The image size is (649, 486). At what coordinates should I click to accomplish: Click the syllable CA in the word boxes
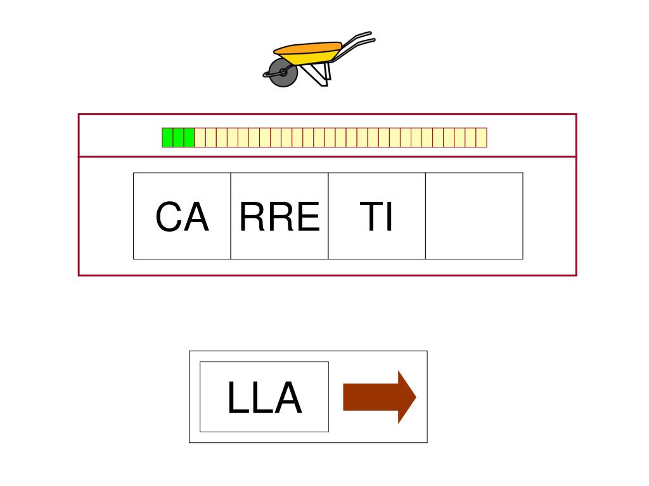point(182,216)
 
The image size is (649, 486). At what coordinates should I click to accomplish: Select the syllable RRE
point(280,216)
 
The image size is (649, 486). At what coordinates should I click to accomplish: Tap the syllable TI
point(376,216)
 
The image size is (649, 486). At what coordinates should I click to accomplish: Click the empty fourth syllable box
point(474,216)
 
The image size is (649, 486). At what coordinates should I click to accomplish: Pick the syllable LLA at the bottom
point(264,398)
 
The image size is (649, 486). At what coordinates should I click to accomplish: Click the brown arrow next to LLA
point(379,397)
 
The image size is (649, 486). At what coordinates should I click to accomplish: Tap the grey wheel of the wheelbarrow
point(283,73)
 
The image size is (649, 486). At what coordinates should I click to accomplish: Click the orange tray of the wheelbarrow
point(309,49)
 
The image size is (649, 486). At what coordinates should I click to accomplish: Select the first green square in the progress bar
point(167,137)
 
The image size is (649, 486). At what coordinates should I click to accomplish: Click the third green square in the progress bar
point(189,137)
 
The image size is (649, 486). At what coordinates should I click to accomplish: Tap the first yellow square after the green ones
point(200,137)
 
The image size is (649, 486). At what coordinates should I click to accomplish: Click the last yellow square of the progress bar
point(482,137)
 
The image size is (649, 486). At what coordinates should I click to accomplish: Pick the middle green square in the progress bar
point(178,137)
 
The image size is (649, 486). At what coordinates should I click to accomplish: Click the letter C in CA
point(169,217)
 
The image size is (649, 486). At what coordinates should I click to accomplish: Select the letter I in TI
point(389,217)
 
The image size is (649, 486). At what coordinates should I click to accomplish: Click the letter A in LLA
point(288,399)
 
